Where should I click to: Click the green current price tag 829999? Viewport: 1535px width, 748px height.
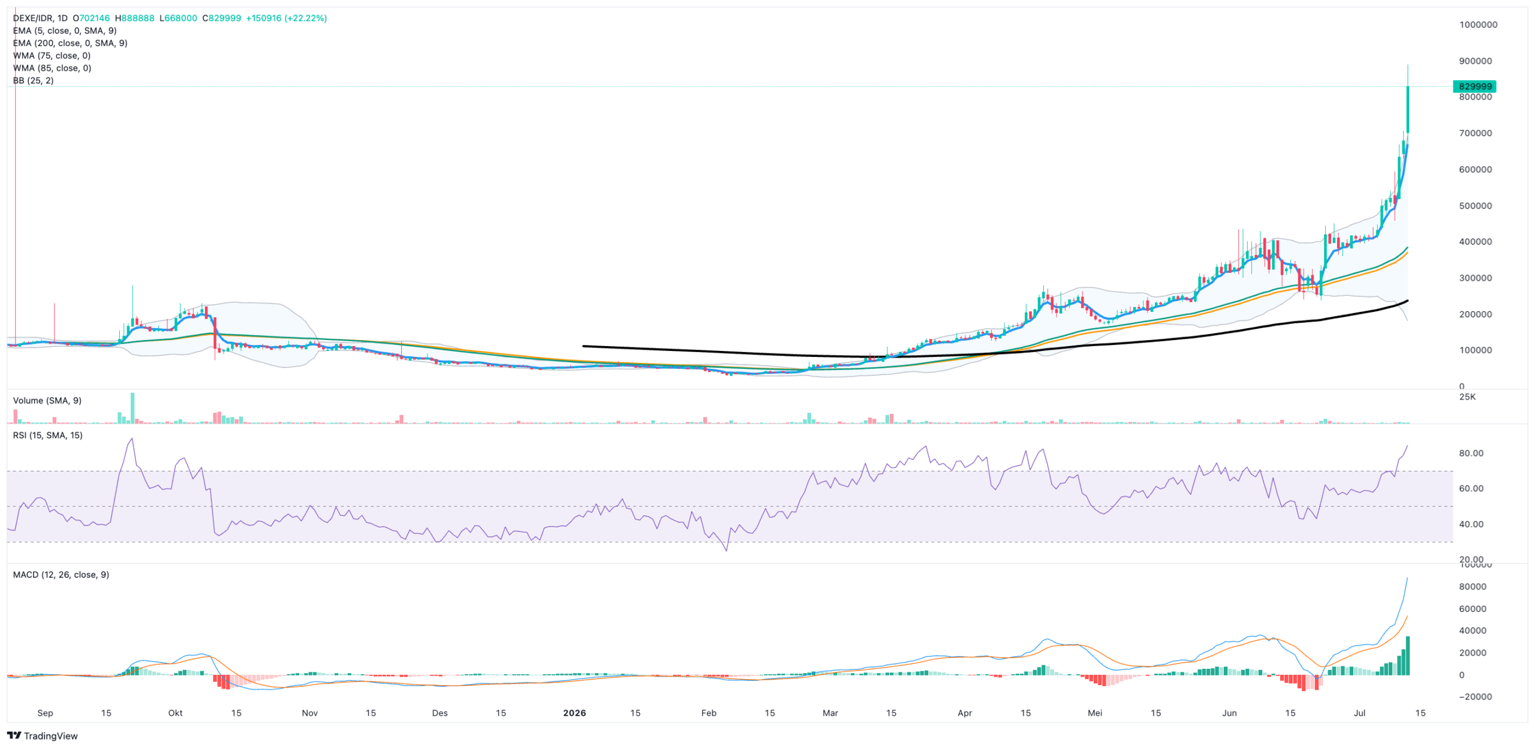click(x=1474, y=86)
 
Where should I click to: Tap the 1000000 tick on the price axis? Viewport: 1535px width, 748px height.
click(x=1478, y=25)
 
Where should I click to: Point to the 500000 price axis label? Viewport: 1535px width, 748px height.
click(x=1476, y=206)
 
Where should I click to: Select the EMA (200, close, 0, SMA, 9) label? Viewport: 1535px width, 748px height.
click(x=70, y=43)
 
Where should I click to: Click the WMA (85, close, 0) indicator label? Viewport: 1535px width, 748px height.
click(x=52, y=68)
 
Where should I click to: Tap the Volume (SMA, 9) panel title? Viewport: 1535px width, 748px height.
click(x=47, y=400)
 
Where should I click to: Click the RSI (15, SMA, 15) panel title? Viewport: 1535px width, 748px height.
click(x=48, y=435)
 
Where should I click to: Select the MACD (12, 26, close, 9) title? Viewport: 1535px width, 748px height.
click(x=61, y=574)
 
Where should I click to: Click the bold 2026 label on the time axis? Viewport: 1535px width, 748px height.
click(x=574, y=713)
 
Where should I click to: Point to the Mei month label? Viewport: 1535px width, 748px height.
click(x=1095, y=713)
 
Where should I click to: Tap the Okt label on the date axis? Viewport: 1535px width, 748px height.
click(x=175, y=713)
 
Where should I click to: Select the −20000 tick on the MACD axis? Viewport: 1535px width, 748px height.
click(x=1475, y=696)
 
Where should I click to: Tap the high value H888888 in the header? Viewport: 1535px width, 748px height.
click(x=134, y=18)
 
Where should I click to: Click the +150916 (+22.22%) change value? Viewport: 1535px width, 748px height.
click(x=287, y=18)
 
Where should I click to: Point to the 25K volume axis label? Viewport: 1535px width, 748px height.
click(x=1467, y=396)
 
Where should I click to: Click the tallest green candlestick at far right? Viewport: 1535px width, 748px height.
click(x=1407, y=109)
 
